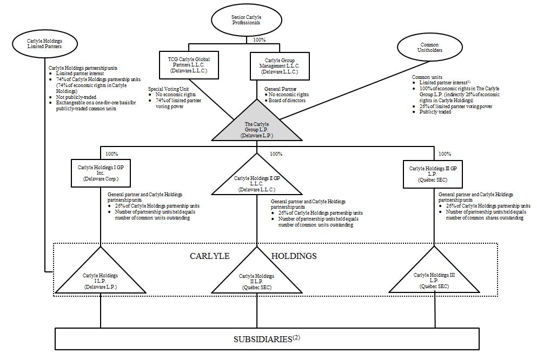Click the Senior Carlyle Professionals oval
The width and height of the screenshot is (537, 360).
tap(246, 21)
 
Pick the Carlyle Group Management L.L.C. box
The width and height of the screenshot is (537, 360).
tap(280, 64)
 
